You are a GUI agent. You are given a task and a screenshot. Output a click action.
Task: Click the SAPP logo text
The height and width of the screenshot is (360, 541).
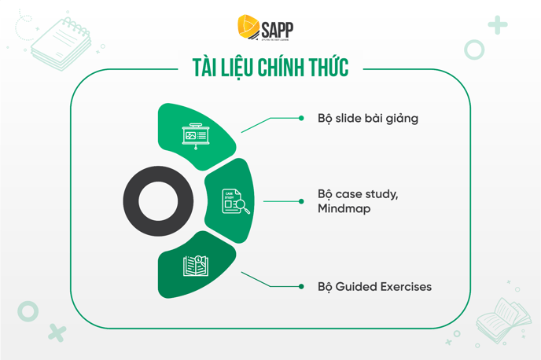click(278, 30)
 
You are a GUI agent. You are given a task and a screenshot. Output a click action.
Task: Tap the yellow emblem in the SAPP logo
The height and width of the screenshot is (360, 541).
click(248, 26)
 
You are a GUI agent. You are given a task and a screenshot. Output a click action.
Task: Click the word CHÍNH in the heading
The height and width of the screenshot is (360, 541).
click(282, 67)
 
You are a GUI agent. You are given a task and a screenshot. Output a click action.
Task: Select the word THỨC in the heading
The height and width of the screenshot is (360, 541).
click(329, 67)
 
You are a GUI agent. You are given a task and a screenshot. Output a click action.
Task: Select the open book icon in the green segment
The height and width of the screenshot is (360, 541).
click(196, 266)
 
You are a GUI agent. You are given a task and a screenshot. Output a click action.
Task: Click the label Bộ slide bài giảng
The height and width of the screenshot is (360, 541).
click(368, 119)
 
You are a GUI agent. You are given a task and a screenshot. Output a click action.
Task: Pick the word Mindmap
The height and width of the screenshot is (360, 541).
click(344, 208)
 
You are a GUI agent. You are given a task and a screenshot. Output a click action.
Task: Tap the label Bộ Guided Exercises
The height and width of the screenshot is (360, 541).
click(375, 287)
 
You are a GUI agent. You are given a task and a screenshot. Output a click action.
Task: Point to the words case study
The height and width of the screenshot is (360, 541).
click(366, 194)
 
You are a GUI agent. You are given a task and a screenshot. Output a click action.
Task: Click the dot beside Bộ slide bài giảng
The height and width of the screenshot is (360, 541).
click(301, 118)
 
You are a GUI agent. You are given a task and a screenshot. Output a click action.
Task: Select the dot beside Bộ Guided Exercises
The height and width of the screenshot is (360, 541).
click(301, 287)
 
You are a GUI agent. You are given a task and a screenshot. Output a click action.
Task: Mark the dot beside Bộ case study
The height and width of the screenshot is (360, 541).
click(301, 201)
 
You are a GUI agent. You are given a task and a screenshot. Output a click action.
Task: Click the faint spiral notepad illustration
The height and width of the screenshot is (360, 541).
click(61, 44)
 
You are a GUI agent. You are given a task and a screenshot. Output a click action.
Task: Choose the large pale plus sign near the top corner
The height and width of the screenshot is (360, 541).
click(498, 25)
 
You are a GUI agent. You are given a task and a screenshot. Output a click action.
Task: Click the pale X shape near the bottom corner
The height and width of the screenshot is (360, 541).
click(57, 332)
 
